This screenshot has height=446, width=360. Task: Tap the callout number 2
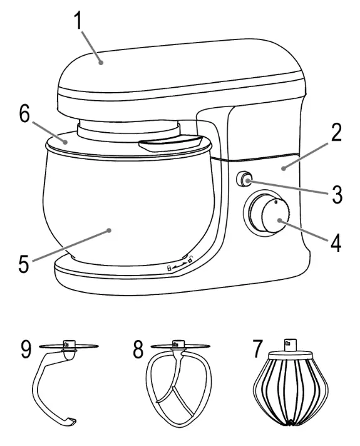pyautogui.click(x=336, y=135)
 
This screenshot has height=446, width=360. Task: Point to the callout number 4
pyautogui.click(x=336, y=242)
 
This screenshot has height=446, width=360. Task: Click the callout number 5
pyautogui.click(x=24, y=263)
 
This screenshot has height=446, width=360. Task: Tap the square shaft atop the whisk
pyautogui.click(x=290, y=344)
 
